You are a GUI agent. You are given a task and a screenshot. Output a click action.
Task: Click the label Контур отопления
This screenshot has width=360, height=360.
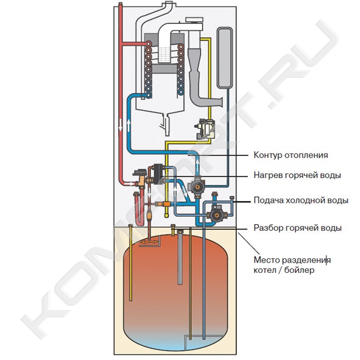tap(291, 155)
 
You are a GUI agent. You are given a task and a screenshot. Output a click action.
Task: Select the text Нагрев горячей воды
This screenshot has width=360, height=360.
tap(297, 175)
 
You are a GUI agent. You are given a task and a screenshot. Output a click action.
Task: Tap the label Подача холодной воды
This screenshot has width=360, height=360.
tap(301, 200)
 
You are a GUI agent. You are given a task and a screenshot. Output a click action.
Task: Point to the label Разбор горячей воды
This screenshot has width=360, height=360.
tap(297, 228)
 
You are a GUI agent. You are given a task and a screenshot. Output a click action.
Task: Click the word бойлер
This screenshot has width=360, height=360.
tap(299, 270)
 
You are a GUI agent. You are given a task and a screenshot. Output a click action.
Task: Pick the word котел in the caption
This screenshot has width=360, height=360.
tap(264, 270)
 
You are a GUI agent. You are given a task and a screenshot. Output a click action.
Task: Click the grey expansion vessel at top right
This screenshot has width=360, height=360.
tap(225, 58)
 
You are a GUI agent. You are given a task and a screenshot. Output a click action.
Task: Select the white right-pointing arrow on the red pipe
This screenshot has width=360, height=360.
tap(130, 184)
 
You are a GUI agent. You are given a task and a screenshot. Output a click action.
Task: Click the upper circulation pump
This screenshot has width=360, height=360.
tap(197, 187)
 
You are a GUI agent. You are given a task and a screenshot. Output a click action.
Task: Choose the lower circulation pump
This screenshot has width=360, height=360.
tap(216, 215)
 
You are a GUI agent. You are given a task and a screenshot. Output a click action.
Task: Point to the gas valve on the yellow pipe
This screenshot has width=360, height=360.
tap(204, 129)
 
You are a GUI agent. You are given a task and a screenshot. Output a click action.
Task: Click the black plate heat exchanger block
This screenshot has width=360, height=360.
tap(158, 174)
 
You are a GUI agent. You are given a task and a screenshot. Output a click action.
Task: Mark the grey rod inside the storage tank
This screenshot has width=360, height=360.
tap(180, 258)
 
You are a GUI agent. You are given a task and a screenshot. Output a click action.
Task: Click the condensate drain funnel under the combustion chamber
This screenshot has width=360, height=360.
tap(167, 125)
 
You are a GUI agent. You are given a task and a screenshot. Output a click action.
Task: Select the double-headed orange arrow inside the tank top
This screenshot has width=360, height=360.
tap(149, 242)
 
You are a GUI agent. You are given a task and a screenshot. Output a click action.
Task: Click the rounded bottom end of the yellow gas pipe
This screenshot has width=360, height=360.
tap(166, 216)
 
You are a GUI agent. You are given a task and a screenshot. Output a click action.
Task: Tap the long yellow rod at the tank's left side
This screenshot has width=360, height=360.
tap(130, 263)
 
